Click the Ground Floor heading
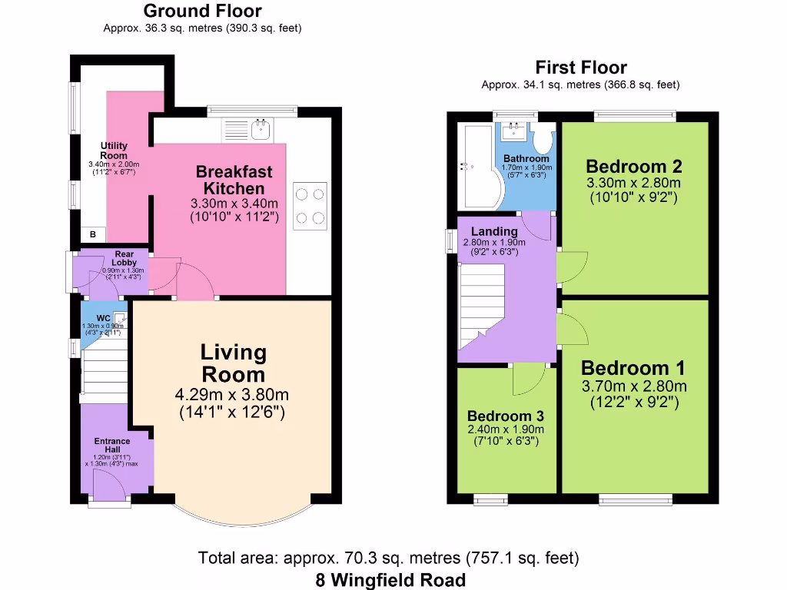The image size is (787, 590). coord(202,11)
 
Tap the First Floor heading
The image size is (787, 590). coord(581,68)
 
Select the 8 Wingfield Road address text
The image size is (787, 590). coord(390,579)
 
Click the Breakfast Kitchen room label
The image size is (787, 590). coord(234,179)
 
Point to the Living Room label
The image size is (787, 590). coord(233,363)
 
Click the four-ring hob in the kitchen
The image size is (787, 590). coord(310,205)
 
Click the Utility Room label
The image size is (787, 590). coord(114,151)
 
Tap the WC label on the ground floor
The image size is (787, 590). coord(103,318)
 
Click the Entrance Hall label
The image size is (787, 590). coord(112,446)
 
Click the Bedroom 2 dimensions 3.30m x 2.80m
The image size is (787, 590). coord(633,183)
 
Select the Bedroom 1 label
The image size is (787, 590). coord(633,367)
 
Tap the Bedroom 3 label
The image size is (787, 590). coord(505,416)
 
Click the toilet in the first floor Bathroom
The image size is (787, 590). coord(544,140)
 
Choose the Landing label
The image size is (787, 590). coord(494,231)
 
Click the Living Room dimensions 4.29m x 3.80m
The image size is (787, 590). coord(233,396)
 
